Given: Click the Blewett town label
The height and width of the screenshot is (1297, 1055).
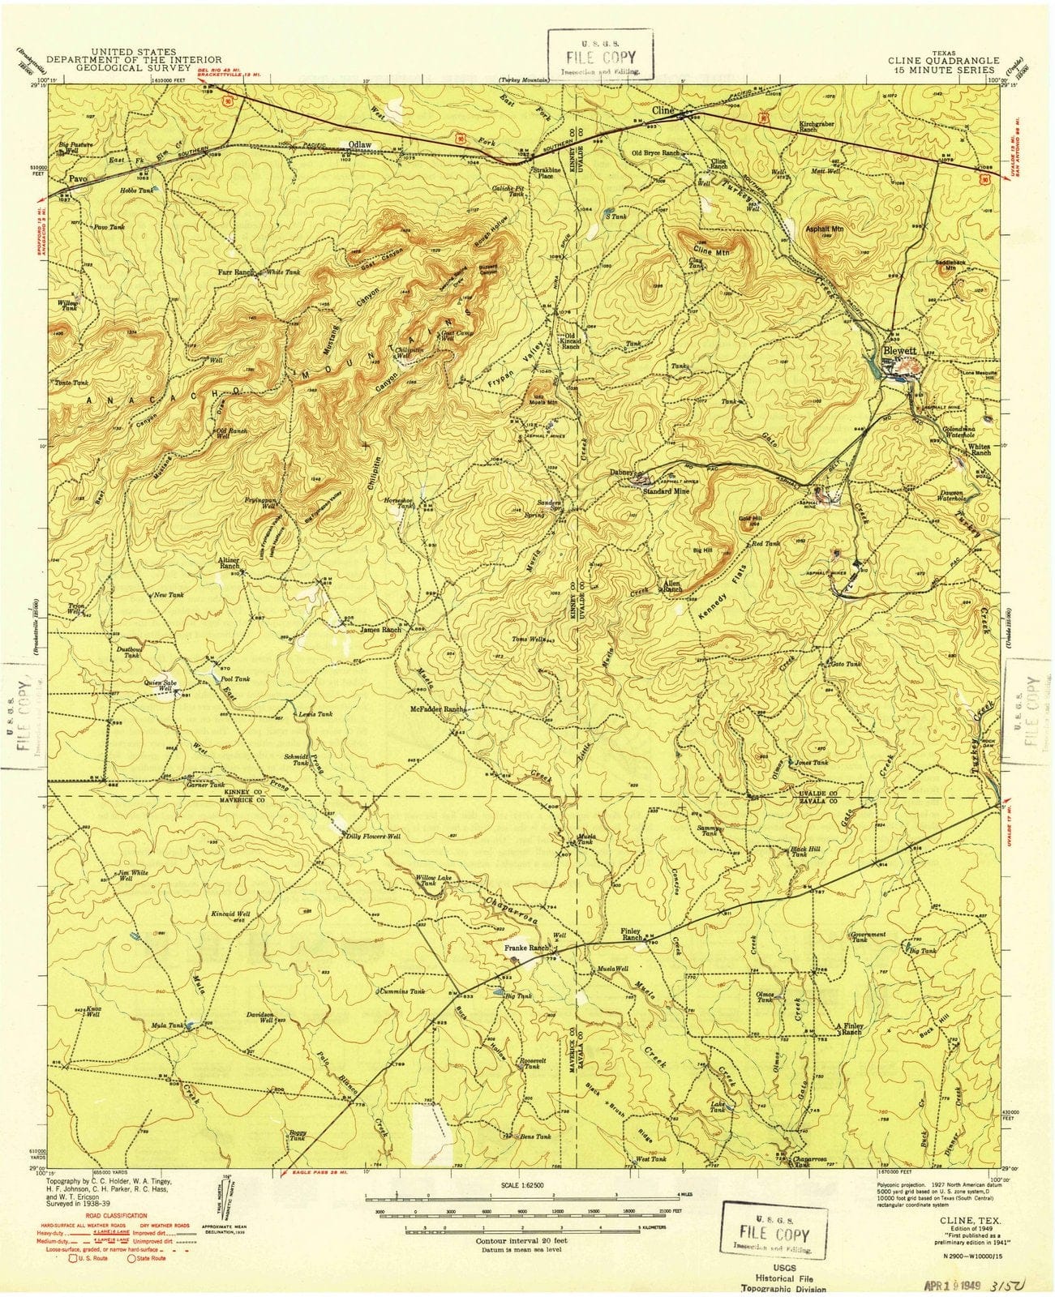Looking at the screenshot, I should [900, 351].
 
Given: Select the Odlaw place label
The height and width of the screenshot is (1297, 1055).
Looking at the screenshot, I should [359, 144].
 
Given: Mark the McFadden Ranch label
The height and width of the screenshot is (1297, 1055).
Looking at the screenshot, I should [437, 708].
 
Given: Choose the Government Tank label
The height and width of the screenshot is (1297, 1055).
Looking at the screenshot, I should [867, 937].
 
